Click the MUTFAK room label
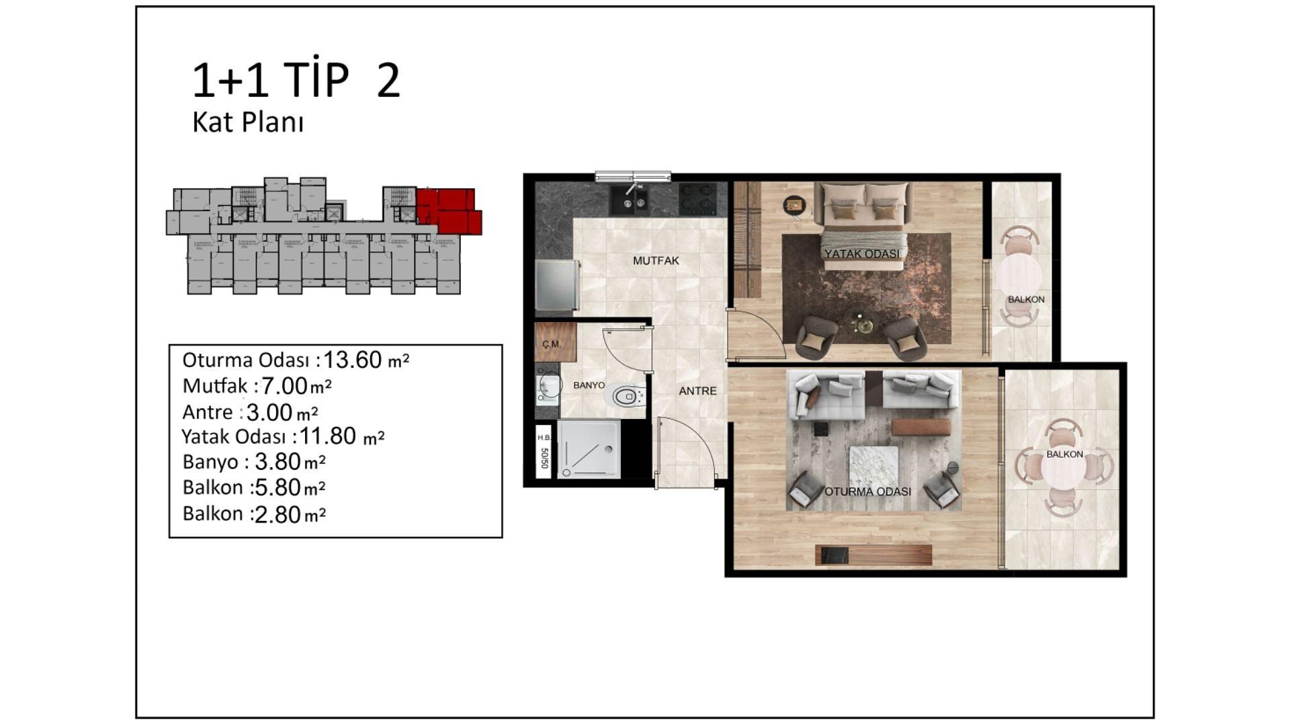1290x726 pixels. (656, 261)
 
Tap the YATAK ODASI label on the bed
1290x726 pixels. (861, 254)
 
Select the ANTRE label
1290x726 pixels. (697, 391)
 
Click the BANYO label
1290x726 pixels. (589, 386)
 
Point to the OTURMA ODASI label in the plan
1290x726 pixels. (867, 491)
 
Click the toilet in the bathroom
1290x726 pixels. (628, 396)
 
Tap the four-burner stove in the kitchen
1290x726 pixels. (697, 199)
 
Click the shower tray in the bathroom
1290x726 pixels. (588, 449)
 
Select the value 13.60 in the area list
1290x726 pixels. (353, 360)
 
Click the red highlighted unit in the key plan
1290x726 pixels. (447, 210)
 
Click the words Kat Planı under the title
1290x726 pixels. (248, 123)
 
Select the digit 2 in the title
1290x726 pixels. (388, 82)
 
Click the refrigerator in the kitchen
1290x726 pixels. (557, 286)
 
